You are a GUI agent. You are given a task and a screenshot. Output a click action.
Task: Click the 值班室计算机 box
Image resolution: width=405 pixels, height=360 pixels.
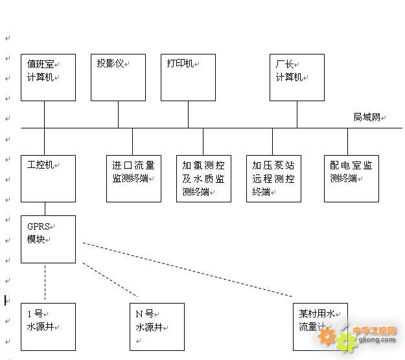[48, 77]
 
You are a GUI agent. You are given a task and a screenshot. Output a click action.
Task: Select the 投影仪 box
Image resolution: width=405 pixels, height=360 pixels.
[118, 77]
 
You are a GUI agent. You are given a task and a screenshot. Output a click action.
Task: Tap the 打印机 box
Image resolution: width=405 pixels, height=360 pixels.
[188, 77]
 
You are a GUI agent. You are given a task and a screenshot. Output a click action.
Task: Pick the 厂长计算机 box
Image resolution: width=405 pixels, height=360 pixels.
[297, 77]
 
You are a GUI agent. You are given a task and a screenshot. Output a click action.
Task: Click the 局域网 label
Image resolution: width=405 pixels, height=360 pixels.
[367, 117]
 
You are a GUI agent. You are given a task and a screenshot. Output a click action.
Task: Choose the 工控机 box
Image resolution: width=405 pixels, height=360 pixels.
[48, 178]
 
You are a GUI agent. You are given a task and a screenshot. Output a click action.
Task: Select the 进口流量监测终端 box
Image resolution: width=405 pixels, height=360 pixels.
[133, 178]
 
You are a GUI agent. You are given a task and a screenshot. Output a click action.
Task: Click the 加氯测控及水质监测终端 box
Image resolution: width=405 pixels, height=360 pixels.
[203, 178]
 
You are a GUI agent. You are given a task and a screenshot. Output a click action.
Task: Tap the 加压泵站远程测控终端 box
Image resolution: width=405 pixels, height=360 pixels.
[273, 178]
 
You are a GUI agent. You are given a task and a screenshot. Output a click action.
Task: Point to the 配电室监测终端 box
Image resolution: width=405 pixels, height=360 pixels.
[351, 178]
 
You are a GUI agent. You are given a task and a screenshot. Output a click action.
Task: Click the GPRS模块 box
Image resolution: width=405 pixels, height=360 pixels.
[48, 239]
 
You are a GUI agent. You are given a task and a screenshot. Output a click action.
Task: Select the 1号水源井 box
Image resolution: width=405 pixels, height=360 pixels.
[48, 326]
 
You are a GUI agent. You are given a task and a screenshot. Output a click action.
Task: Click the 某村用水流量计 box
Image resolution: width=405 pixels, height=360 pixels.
[319, 326]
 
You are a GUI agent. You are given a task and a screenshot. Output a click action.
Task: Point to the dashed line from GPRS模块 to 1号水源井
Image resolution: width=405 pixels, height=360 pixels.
[45, 283]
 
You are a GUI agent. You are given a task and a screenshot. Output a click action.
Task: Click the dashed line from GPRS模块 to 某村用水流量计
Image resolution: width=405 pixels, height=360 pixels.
[188, 270]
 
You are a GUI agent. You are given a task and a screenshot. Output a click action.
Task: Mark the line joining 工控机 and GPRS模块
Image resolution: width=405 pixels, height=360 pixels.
[45, 209]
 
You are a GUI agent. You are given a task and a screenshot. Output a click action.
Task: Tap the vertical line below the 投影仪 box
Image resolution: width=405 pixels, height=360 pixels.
[118, 114]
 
